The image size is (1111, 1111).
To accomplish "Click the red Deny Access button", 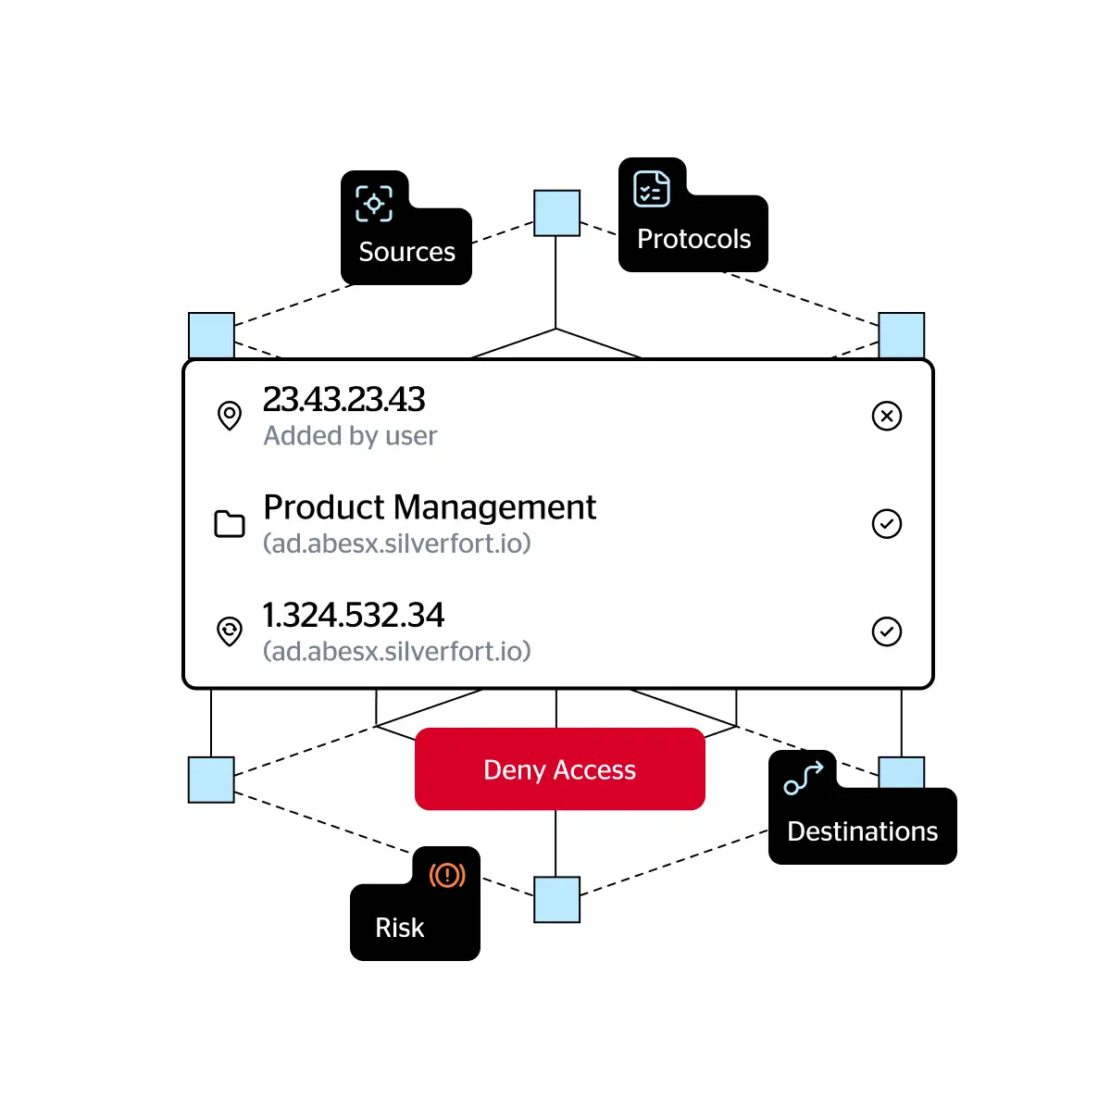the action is click(559, 768).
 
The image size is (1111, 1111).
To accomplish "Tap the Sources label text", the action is click(406, 252).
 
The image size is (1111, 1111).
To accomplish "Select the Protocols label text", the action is click(693, 239).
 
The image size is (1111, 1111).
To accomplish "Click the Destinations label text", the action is click(862, 831).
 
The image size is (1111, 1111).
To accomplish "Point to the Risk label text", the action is click(399, 928).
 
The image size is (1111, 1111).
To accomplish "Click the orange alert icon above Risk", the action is click(447, 875).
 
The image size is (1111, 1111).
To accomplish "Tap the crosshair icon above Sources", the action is click(374, 204).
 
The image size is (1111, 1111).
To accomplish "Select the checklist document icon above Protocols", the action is click(651, 189).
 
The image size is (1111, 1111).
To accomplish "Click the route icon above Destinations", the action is click(803, 779).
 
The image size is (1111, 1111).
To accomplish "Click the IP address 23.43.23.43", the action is click(343, 399).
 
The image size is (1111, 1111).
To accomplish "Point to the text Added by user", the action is click(350, 436).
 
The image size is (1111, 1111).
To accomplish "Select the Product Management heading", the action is click(430, 507).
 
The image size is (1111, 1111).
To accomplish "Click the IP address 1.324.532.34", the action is click(354, 615).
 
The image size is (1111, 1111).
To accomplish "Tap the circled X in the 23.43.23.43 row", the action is click(886, 416).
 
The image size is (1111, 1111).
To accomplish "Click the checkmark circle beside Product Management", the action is click(886, 523).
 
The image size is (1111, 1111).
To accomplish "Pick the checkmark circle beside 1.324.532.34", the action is click(886, 631).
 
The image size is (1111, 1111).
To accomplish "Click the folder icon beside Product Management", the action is click(230, 523).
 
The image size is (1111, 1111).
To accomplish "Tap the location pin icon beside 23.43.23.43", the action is click(230, 416).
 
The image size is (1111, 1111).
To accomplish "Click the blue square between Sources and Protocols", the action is click(556, 213).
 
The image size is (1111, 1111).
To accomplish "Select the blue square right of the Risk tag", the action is click(556, 899).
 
